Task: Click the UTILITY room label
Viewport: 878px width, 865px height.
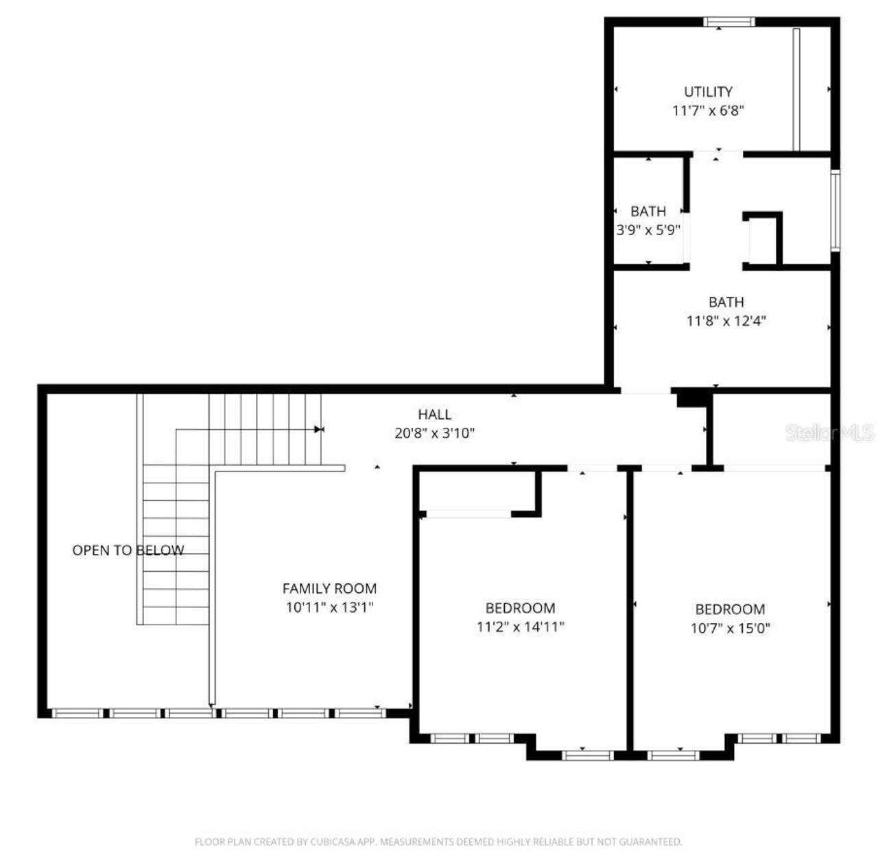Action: tap(708, 91)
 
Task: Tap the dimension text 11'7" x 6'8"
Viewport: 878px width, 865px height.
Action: tap(708, 110)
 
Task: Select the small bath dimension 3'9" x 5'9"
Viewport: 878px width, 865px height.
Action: tap(648, 230)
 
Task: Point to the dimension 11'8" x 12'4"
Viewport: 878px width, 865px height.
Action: tap(726, 320)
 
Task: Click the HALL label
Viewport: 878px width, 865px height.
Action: tap(435, 414)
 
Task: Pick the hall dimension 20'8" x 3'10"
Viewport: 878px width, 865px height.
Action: tap(435, 433)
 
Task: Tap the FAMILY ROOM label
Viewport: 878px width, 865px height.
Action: tap(329, 588)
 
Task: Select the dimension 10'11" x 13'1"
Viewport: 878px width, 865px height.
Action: tap(329, 607)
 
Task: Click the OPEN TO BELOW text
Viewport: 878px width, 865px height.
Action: tap(128, 550)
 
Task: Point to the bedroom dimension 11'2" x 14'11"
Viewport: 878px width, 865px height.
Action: tap(520, 626)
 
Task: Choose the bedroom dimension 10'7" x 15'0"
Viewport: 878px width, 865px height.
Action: tap(730, 628)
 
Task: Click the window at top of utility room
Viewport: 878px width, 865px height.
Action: tap(729, 22)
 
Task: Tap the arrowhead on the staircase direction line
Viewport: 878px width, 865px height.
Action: tap(318, 430)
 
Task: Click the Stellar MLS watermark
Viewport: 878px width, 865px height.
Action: tap(830, 432)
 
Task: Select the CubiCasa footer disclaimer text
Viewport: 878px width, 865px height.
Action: tap(438, 842)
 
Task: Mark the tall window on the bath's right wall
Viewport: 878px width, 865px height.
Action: tap(835, 210)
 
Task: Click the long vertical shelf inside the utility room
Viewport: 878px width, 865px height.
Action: tap(796, 89)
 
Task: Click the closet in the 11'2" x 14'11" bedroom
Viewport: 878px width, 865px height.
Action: tap(477, 491)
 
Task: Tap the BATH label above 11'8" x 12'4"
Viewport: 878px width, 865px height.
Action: tap(726, 302)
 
